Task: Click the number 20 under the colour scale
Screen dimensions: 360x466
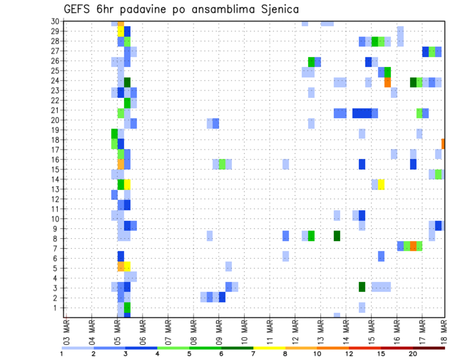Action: tap(413, 353)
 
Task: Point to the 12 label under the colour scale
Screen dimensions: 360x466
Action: tap(349, 353)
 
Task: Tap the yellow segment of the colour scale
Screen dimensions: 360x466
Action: tap(269, 347)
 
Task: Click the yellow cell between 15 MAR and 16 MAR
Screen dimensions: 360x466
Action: tap(381, 184)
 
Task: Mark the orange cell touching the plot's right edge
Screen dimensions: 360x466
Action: tap(443, 144)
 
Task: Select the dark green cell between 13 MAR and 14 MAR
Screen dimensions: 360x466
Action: tap(336, 236)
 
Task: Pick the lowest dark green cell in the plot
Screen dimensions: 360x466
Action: tap(362, 287)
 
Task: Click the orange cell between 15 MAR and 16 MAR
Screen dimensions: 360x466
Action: tap(387, 82)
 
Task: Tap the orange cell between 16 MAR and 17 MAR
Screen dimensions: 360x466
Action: tap(413, 246)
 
